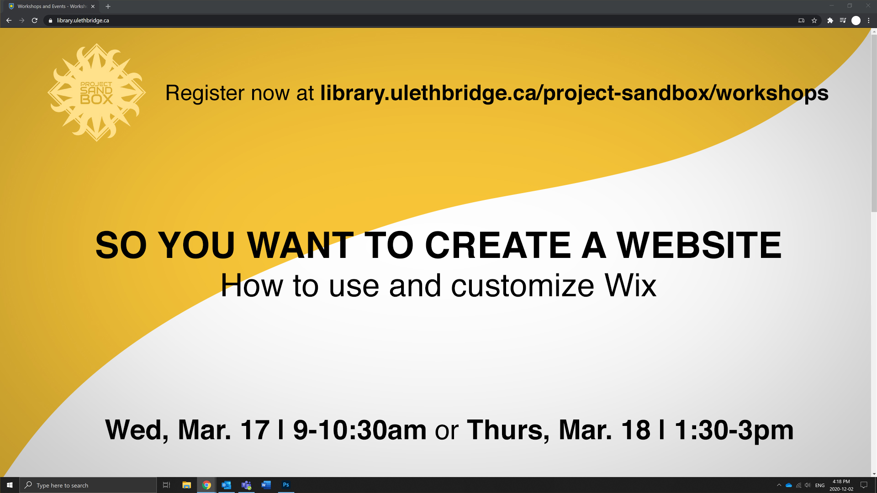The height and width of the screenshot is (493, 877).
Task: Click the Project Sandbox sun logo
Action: [x=96, y=92]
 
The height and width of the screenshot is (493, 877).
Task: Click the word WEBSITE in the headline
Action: [x=699, y=245]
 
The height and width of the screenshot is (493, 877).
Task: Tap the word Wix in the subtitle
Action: [x=630, y=286]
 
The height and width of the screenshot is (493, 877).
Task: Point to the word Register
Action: [x=205, y=94]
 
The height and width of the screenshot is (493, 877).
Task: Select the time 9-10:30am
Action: [x=359, y=430]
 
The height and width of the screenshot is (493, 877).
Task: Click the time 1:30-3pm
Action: [x=734, y=430]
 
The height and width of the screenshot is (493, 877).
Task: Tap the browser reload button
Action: [x=35, y=21]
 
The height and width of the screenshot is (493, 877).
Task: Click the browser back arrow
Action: [x=9, y=21]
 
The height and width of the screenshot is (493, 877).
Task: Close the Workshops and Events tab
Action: [x=93, y=6]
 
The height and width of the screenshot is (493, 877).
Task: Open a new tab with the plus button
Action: [x=108, y=6]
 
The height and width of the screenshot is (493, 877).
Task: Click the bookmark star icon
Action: [x=814, y=21]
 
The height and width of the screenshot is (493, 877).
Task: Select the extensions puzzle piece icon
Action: [x=830, y=21]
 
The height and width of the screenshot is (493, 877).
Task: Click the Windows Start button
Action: [x=10, y=485]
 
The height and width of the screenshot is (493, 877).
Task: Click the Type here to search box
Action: [x=88, y=485]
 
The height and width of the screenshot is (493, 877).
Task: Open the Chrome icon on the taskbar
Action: [x=206, y=485]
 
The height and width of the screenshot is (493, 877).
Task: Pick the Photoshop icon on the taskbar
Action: [x=286, y=485]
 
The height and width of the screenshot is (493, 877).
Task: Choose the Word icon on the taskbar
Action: [x=266, y=485]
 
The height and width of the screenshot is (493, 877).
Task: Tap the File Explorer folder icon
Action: [x=186, y=485]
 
